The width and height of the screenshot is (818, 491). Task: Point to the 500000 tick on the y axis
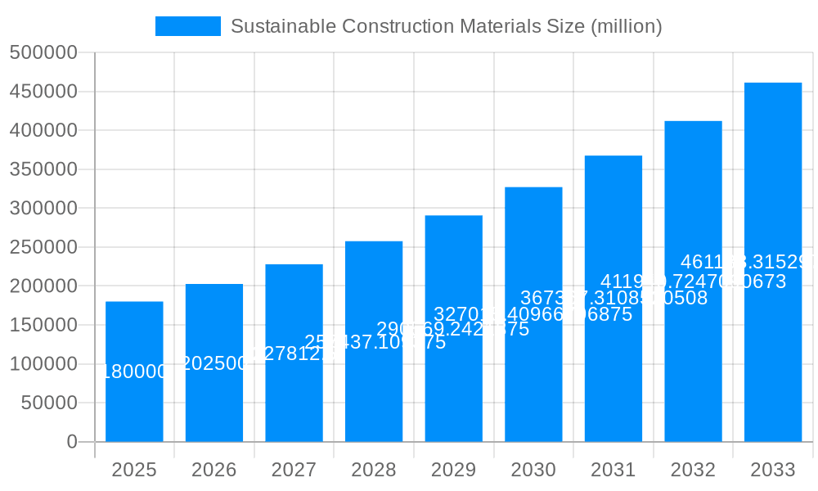(43, 53)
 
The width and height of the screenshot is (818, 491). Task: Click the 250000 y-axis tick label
(43, 247)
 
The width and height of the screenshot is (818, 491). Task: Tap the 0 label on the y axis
(72, 442)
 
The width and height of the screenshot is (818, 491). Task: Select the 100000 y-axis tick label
(43, 364)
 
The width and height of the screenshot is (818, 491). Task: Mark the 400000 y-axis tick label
(43, 131)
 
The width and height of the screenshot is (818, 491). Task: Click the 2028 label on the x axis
(374, 470)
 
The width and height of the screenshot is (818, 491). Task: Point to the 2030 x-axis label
(533, 470)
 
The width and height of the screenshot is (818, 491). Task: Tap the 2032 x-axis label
(693, 470)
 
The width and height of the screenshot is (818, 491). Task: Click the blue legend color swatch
(188, 26)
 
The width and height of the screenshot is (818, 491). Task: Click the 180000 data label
(134, 372)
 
